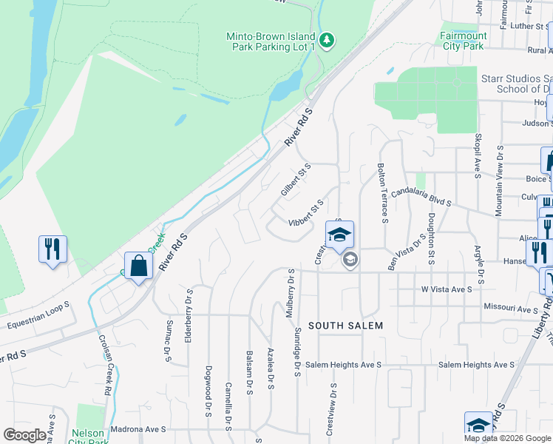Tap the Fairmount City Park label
click(464, 41)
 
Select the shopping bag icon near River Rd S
click(138, 266)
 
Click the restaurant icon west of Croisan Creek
click(52, 249)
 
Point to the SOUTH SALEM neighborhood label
click(345, 326)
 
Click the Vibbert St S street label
click(306, 212)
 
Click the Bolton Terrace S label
click(382, 192)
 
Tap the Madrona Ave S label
click(140, 429)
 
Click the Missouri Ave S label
click(510, 309)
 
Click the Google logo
click(24, 435)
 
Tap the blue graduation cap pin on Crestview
click(339, 235)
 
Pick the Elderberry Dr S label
click(190, 312)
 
